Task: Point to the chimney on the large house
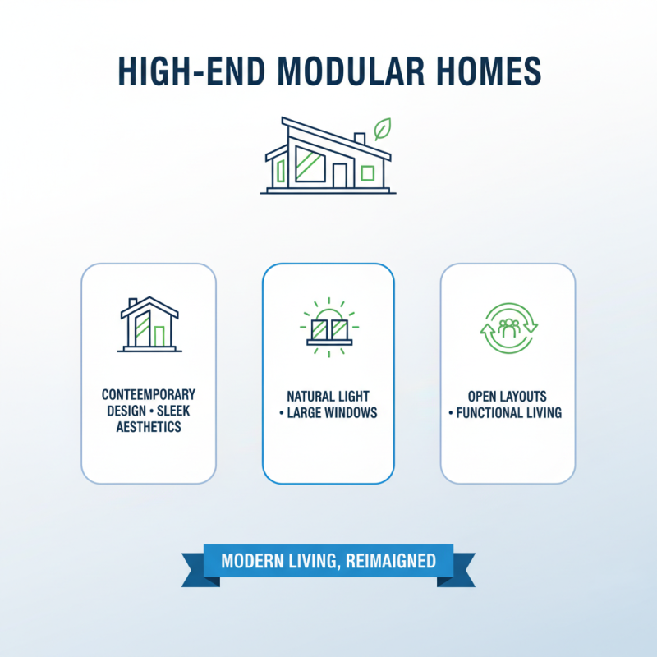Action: (359, 139)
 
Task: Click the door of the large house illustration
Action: (340, 174)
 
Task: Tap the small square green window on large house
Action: (367, 173)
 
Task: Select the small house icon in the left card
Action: (149, 324)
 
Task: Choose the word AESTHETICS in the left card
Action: (149, 428)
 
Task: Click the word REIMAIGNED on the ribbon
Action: (391, 562)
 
